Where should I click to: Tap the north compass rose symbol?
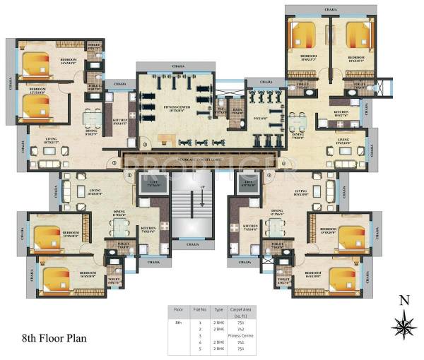404,325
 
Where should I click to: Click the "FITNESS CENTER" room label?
175,107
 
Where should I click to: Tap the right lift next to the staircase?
247,185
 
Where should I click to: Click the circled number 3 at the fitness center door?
145,145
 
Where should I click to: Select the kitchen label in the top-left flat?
120,121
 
